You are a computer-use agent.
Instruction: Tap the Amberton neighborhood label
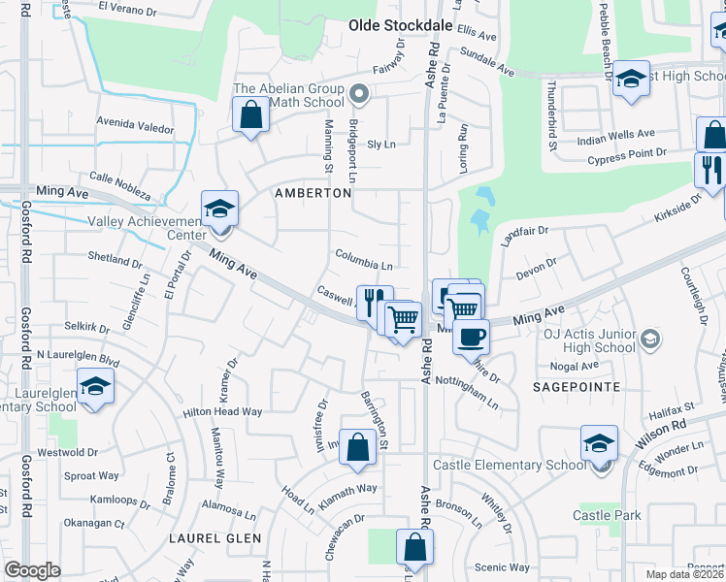pyautogui.click(x=312, y=193)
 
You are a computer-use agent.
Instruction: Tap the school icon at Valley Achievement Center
pyautogui.click(x=219, y=209)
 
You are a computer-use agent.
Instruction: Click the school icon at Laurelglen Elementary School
pyautogui.click(x=95, y=388)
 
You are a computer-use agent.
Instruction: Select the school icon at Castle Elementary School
pyautogui.click(x=599, y=445)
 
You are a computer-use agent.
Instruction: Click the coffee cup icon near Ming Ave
pyautogui.click(x=472, y=337)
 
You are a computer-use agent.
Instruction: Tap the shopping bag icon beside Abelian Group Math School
pyautogui.click(x=251, y=116)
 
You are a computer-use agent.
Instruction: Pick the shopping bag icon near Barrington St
pyautogui.click(x=358, y=447)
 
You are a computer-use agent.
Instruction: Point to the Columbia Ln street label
pyautogui.click(x=364, y=265)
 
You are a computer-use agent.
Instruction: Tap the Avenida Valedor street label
pyautogui.click(x=134, y=127)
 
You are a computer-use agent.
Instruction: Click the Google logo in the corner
pyautogui.click(x=32, y=570)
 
